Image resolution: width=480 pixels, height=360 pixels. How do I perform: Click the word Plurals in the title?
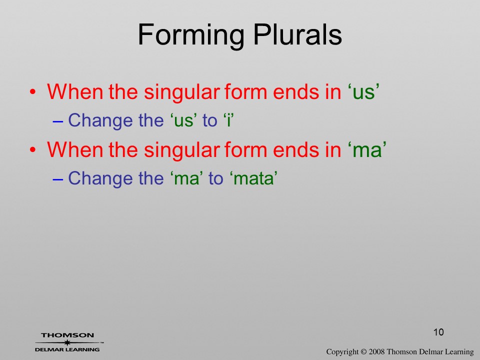tap(297, 34)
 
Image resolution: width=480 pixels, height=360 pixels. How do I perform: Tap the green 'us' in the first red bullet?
tap(363, 92)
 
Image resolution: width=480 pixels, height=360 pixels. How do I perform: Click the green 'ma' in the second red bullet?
tap(367, 150)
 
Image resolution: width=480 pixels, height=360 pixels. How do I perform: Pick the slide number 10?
tap(438, 332)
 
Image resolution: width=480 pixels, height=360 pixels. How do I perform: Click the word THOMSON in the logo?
tap(67, 335)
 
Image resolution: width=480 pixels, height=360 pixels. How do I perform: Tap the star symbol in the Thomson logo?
tap(67, 342)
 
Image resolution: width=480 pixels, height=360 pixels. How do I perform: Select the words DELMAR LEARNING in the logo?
tap(67, 349)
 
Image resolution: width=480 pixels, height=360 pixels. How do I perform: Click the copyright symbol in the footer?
tap(363, 351)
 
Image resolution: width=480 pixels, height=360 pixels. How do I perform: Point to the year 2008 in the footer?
tap(376, 351)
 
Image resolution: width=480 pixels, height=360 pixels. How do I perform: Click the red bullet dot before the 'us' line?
tap(33, 92)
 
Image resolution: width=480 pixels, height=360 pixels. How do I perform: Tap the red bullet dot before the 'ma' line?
tap(33, 150)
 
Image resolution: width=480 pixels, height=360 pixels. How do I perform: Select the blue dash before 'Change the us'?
tap(58, 121)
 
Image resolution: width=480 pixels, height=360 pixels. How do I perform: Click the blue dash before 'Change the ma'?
tap(58, 179)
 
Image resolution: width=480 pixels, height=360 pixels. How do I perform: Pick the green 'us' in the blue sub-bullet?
tap(183, 120)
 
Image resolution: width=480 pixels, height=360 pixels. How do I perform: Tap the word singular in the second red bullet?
tap(182, 150)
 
